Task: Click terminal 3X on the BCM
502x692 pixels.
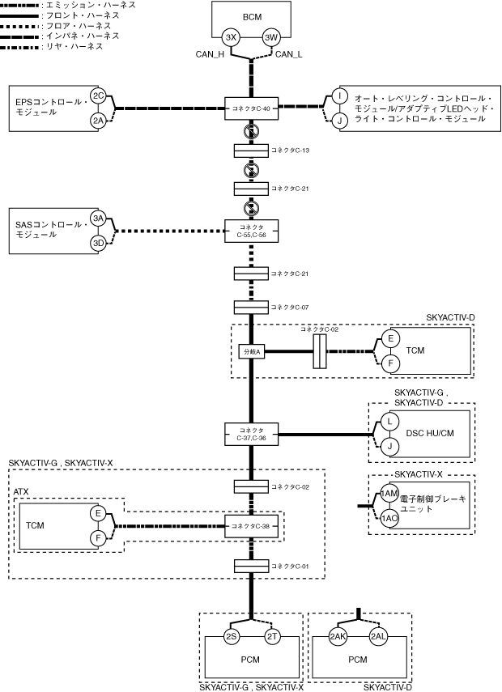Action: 231,37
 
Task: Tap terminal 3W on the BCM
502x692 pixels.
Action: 270,37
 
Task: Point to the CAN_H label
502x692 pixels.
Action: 211,54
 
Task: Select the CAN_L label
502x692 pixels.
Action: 289,54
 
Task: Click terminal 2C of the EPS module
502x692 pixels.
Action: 98,96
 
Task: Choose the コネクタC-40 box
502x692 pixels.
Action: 251,108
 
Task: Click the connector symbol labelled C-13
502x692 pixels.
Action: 251,151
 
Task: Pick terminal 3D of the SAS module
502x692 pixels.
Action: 98,243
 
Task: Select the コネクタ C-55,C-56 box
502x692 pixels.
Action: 251,231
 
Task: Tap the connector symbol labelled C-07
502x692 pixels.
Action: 251,308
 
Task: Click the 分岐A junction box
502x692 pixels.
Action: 252,352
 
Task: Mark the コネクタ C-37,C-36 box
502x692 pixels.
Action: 251,435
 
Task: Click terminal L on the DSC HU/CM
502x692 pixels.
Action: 389,422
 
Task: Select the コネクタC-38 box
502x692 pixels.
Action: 251,526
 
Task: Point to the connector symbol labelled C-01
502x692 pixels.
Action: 251,566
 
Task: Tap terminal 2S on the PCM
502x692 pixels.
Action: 232,636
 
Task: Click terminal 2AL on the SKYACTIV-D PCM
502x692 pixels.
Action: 378,636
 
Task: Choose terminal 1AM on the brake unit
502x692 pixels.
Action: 389,494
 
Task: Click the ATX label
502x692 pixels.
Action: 21,491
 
